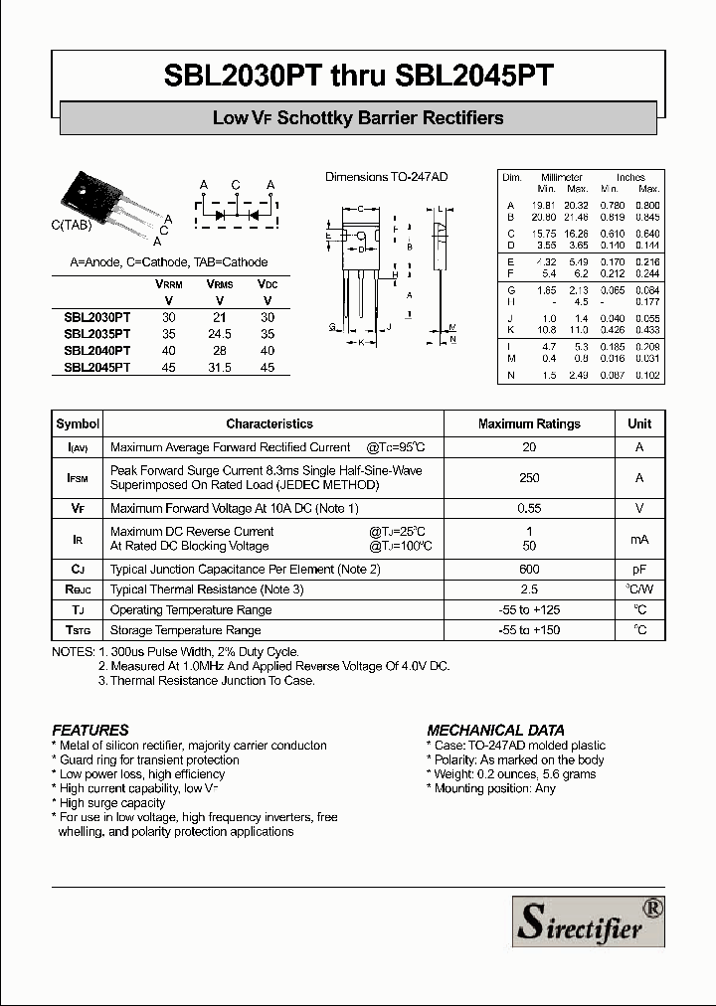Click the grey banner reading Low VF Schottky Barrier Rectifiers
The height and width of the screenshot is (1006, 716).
[358, 118]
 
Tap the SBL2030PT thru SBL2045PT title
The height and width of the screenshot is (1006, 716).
[358, 76]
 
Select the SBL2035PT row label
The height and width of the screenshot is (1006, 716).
[97, 334]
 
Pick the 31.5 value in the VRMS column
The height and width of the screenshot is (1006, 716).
[219, 367]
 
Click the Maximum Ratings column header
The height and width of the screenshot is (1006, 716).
[529, 423]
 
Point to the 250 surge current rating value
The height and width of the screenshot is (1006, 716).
[529, 478]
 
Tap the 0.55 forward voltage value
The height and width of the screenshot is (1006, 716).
[529, 509]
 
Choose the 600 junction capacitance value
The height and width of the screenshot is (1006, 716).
[529, 570]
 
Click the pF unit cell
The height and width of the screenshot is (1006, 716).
[639, 570]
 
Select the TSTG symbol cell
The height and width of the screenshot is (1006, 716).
[79, 630]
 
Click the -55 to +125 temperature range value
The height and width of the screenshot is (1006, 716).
[529, 609]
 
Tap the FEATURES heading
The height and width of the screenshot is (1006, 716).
[90, 730]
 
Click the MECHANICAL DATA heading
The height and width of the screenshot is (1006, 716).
[488, 730]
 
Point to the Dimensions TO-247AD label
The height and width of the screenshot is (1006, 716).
[387, 177]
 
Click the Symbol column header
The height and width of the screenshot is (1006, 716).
[79, 423]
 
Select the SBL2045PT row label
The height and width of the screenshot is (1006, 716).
[97, 367]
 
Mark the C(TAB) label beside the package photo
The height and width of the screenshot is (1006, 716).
[72, 226]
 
